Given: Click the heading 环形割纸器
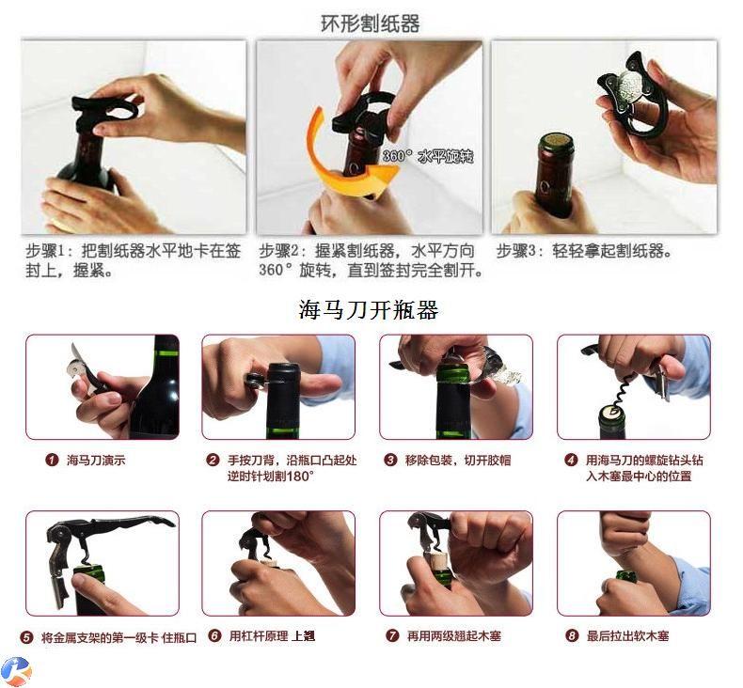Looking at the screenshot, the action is coord(370,23).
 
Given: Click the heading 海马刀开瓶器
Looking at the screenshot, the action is coord(369,310).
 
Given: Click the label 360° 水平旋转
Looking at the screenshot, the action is coord(428,156).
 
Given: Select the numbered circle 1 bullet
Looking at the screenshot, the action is coord(52,460).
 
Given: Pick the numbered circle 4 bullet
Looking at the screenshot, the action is coord(571,460).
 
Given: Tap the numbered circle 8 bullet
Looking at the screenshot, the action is coord(572,635).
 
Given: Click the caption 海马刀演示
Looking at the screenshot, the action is coord(96,460).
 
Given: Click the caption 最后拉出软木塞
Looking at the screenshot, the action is coord(628,635).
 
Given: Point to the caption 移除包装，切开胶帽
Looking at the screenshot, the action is coord(458,460).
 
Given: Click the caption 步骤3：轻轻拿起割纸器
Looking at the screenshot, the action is coord(584,251).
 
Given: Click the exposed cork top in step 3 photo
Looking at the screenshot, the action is coord(557,139).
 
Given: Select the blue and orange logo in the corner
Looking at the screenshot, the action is coord(16,670).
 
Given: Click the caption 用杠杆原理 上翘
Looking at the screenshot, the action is coord(272,635).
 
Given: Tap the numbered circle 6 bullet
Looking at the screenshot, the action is coord(215,635).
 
